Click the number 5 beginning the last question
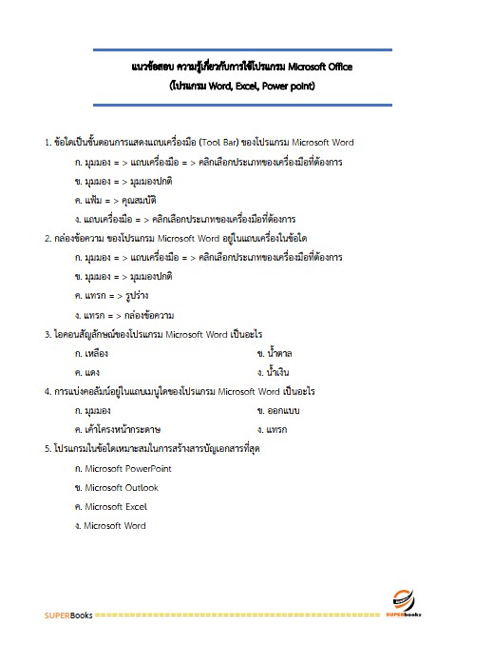(47, 448)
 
